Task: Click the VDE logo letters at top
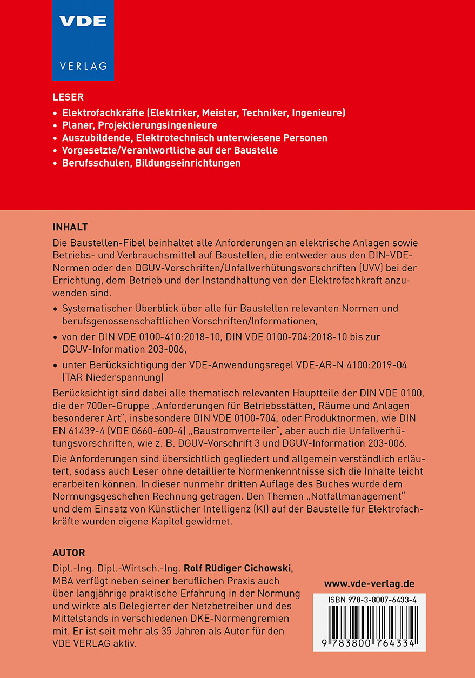click(x=83, y=22)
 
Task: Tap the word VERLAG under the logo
click(x=83, y=66)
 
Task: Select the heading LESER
click(x=68, y=98)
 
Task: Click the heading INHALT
click(x=70, y=227)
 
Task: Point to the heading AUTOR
click(x=69, y=553)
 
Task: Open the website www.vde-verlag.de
click(x=369, y=584)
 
